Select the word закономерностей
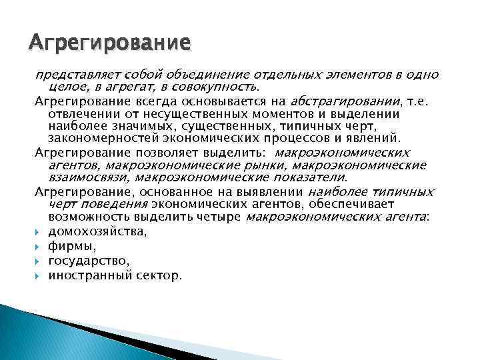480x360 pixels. [x=99, y=138]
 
